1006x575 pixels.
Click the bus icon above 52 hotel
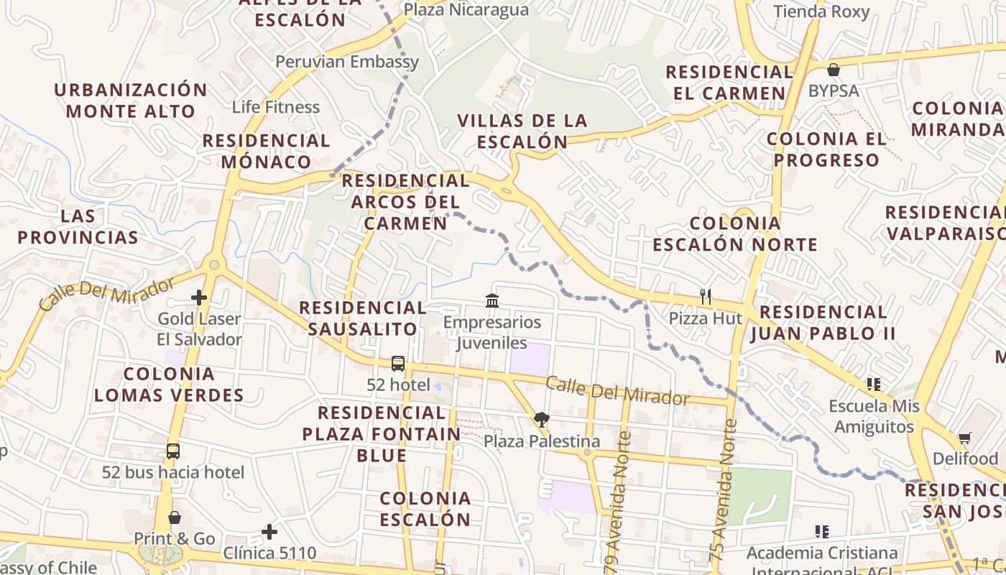pyautogui.click(x=398, y=364)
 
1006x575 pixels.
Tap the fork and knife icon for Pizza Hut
pyautogui.click(x=706, y=296)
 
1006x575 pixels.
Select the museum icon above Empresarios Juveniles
pyautogui.click(x=492, y=300)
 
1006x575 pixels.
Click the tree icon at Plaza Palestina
pyautogui.click(x=541, y=420)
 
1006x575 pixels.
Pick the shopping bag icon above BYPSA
pyautogui.click(x=834, y=70)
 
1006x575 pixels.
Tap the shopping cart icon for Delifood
pyautogui.click(x=965, y=438)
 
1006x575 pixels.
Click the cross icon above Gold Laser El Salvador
pyautogui.click(x=199, y=298)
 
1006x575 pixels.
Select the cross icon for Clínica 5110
pyautogui.click(x=269, y=532)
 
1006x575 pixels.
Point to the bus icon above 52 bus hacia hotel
pyautogui.click(x=173, y=451)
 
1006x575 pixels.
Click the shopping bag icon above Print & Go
pyautogui.click(x=174, y=517)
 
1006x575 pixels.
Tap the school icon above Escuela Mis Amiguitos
pyautogui.click(x=874, y=385)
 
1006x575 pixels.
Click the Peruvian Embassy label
pyautogui.click(x=347, y=62)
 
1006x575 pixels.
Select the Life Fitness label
pyautogui.click(x=275, y=107)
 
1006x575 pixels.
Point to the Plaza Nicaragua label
pyautogui.click(x=466, y=10)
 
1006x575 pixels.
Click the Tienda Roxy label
pyautogui.click(x=821, y=11)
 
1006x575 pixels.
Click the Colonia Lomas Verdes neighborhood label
pyautogui.click(x=169, y=385)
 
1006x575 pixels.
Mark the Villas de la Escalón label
pyautogui.click(x=522, y=131)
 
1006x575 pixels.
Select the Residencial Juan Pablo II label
pyautogui.click(x=823, y=323)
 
